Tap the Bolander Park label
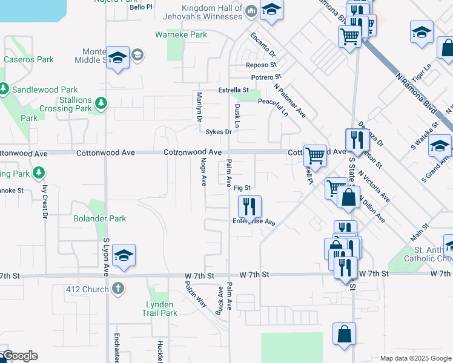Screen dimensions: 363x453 [99, 218]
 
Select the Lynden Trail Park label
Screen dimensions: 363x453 [160, 309]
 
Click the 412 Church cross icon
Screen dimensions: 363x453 [118, 289]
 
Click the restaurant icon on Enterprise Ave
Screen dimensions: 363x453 [250, 208]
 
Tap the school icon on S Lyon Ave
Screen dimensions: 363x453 [124, 256]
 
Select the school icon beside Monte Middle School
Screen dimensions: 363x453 [118, 58]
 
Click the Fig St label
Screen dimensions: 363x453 [242, 188]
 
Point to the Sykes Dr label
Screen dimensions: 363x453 [219, 132]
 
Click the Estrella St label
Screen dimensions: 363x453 [234, 91]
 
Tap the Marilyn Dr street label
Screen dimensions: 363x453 [199, 106]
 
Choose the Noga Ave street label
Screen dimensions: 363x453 [203, 172]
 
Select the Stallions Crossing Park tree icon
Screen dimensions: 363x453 [101, 105]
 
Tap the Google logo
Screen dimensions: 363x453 [19, 356]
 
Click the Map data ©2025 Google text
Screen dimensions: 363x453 [415, 358]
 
